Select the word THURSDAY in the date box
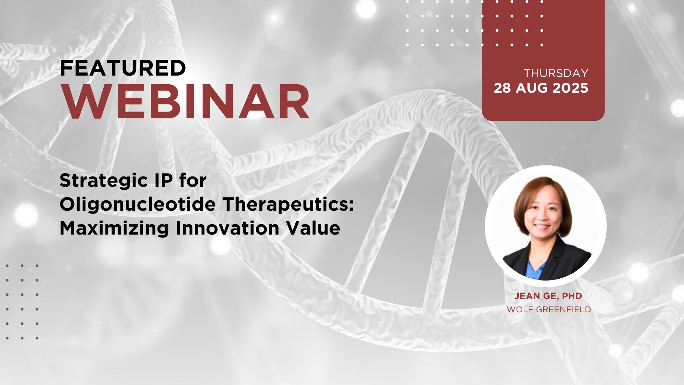point(556,73)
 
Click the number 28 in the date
point(502,88)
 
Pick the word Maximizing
point(114,229)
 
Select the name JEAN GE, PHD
point(548,296)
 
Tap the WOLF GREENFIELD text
point(549,309)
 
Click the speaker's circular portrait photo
point(546,226)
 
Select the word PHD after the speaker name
point(572,296)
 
